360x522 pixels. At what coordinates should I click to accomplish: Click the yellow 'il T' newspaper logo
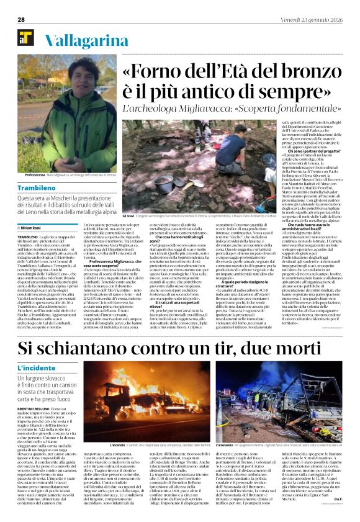[x=25, y=41]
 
